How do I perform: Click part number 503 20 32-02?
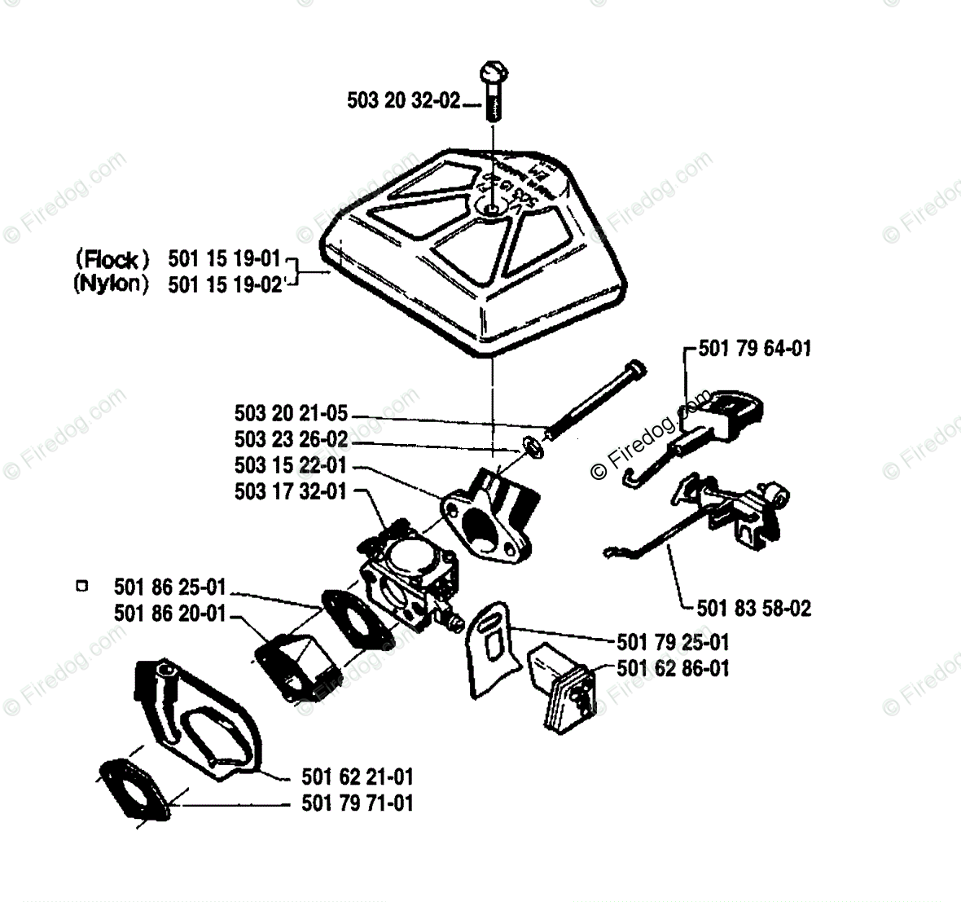point(403,101)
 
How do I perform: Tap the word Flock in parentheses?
point(112,260)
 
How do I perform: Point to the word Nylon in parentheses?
point(112,284)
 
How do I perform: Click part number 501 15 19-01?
point(225,260)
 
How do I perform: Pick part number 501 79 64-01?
point(755,349)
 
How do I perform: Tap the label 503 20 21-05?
point(291,415)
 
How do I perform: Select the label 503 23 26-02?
point(291,440)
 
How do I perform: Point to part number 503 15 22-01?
point(291,465)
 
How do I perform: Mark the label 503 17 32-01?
point(291,491)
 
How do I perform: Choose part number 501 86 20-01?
point(170,614)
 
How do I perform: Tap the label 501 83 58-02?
point(754,608)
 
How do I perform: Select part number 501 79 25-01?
point(673,642)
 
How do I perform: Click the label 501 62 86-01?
point(673,668)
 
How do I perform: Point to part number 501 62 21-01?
point(357,777)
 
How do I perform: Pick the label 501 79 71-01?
point(357,803)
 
